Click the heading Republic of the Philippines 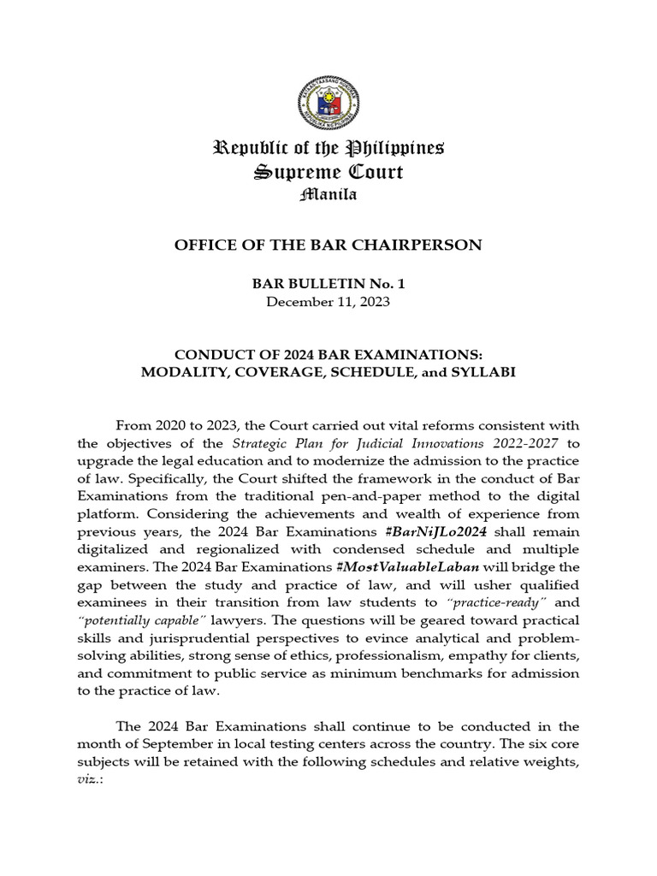coord(328,148)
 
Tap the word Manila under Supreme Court coord(328,196)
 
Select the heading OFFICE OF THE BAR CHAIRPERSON coord(328,246)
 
